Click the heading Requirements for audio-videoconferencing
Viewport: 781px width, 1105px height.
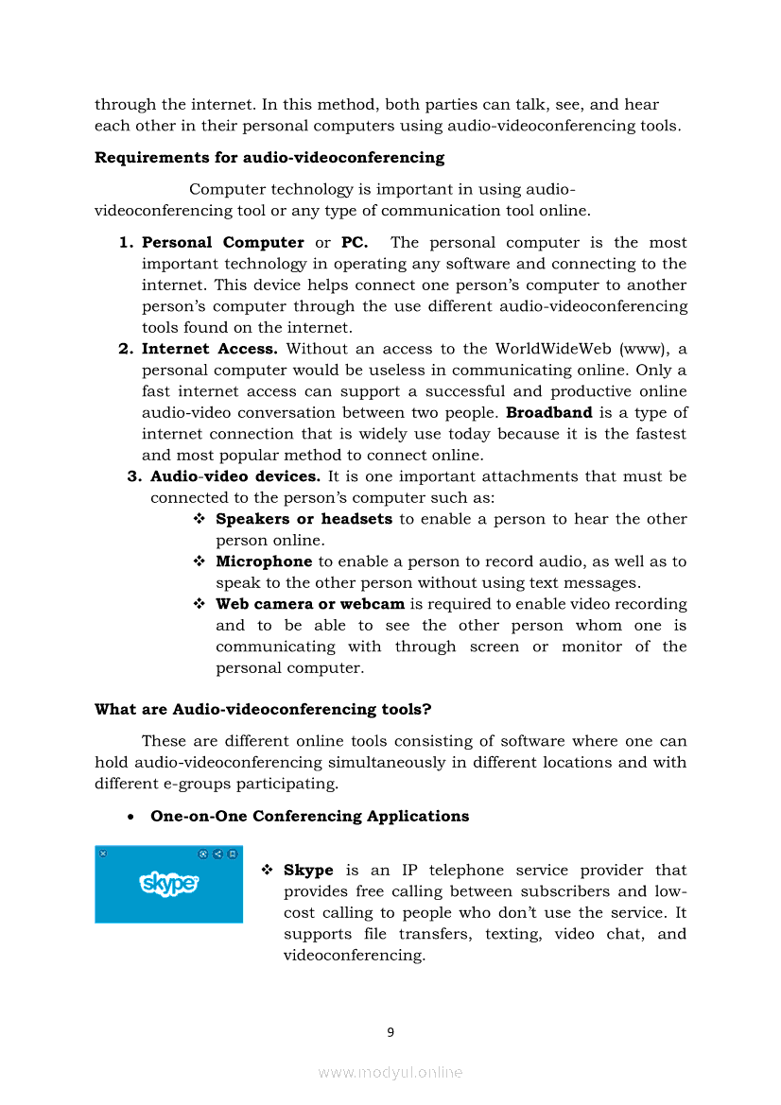(x=269, y=157)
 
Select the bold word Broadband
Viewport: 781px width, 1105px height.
(x=549, y=412)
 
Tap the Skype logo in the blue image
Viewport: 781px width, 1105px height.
(x=169, y=884)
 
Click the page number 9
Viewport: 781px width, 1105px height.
(x=390, y=1032)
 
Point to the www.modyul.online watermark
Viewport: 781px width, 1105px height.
(x=390, y=1072)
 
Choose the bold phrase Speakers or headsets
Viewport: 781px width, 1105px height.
(x=304, y=519)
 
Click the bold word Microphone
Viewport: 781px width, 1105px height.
(x=264, y=561)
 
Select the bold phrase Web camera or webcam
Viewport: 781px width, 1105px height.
(x=310, y=604)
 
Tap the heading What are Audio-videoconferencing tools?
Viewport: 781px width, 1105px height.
(x=264, y=709)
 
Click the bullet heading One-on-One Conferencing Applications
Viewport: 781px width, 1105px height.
(x=309, y=816)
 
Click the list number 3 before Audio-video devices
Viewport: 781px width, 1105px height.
(x=134, y=476)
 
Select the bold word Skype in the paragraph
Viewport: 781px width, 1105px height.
(x=308, y=871)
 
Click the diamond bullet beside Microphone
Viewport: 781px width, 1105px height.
(x=200, y=561)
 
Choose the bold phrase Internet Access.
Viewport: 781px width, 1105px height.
(x=210, y=349)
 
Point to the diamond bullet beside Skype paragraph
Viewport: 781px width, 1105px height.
(x=268, y=871)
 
